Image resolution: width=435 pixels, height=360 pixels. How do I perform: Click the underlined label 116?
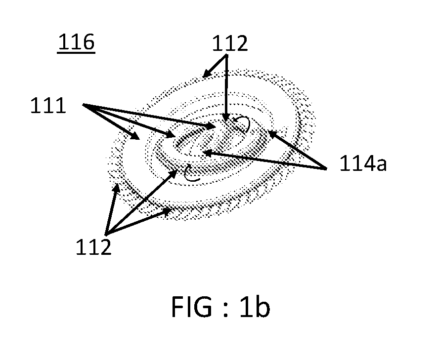click(x=76, y=42)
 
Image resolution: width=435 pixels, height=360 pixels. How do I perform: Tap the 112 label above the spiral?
click(x=230, y=43)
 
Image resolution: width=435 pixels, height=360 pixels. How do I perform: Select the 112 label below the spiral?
click(x=93, y=247)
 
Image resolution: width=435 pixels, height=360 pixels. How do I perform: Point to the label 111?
click(x=48, y=106)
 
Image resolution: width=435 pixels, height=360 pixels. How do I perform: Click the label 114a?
click(x=363, y=163)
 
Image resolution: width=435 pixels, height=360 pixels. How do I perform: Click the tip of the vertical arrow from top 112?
click(x=226, y=121)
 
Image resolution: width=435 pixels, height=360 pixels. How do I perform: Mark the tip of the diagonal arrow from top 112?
click(x=203, y=78)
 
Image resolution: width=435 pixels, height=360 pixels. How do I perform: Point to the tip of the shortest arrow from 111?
click(x=139, y=139)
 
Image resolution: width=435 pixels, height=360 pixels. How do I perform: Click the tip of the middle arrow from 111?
click(x=175, y=136)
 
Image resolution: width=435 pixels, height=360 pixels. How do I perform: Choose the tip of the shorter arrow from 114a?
click(x=268, y=131)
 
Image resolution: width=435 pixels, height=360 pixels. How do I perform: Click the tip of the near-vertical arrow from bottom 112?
click(x=117, y=184)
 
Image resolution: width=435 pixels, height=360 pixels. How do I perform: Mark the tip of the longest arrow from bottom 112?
click(x=177, y=170)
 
